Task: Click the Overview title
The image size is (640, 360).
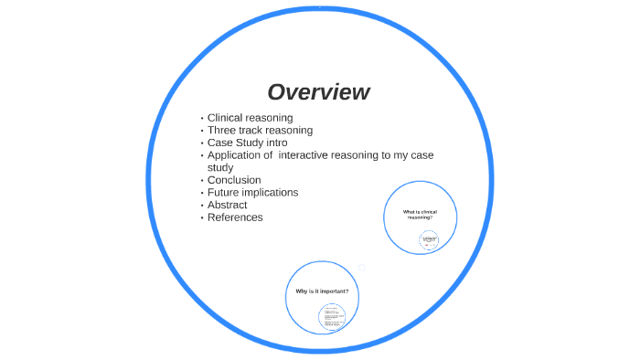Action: point(318,92)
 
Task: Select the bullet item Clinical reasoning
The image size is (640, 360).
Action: point(250,118)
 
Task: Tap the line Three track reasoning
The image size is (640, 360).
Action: point(260,131)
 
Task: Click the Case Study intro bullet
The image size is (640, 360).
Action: point(247,143)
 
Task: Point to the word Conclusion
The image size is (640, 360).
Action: point(234,180)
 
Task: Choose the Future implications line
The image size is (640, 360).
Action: point(252,193)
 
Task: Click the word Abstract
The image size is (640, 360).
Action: point(227,205)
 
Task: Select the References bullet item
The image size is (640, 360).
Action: point(235,217)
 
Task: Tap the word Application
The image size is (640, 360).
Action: point(234,155)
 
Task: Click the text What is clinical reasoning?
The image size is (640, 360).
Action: point(421,214)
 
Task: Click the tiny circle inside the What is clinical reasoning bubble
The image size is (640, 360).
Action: point(429,239)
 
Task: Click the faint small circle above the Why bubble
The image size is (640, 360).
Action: point(362,268)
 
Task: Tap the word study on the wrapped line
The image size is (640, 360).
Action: point(220,168)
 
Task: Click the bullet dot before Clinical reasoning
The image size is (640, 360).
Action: point(201,119)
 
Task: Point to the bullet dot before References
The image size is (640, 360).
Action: point(201,218)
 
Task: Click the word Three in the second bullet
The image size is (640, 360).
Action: point(222,131)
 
